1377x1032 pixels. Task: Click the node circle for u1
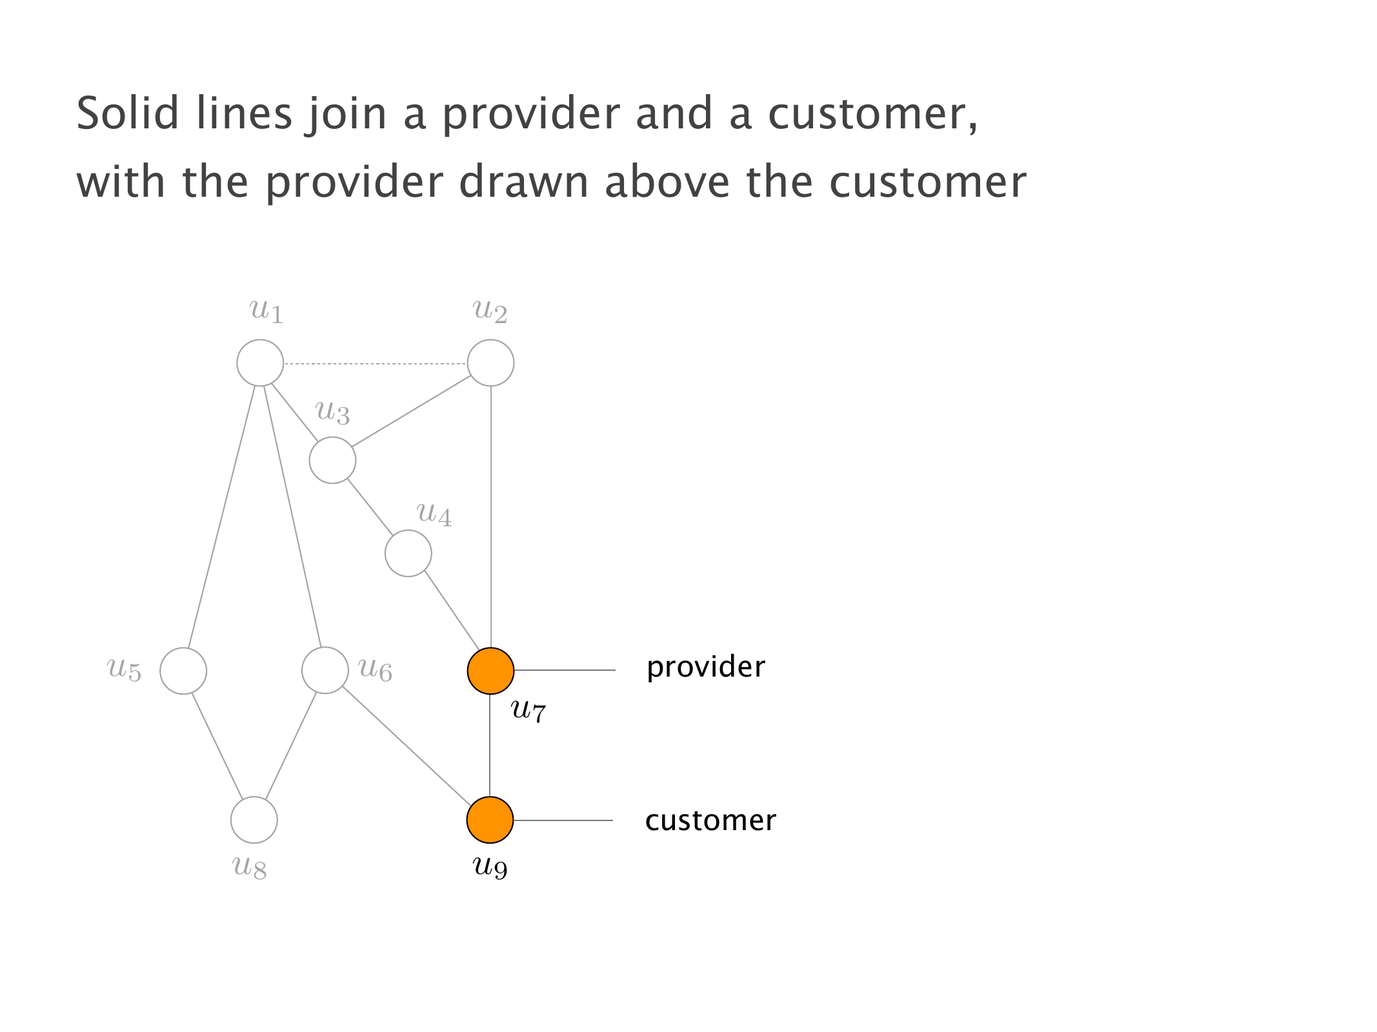260,363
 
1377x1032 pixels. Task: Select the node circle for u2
490,363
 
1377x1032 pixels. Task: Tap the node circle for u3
332,460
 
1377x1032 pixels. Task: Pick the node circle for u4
408,553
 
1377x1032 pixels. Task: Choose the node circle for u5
183,671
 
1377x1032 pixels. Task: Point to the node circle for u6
325,670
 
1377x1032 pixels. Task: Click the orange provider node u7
490,671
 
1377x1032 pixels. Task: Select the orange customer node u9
490,820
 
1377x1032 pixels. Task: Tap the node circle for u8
254,820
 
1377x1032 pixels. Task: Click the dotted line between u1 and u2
375,364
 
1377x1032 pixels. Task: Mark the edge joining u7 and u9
490,746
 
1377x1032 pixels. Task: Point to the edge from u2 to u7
491,516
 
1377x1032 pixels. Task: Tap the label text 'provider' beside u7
705,667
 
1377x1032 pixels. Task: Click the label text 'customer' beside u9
710,820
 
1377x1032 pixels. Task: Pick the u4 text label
434,515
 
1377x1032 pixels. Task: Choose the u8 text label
250,866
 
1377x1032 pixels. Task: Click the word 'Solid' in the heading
127,113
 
